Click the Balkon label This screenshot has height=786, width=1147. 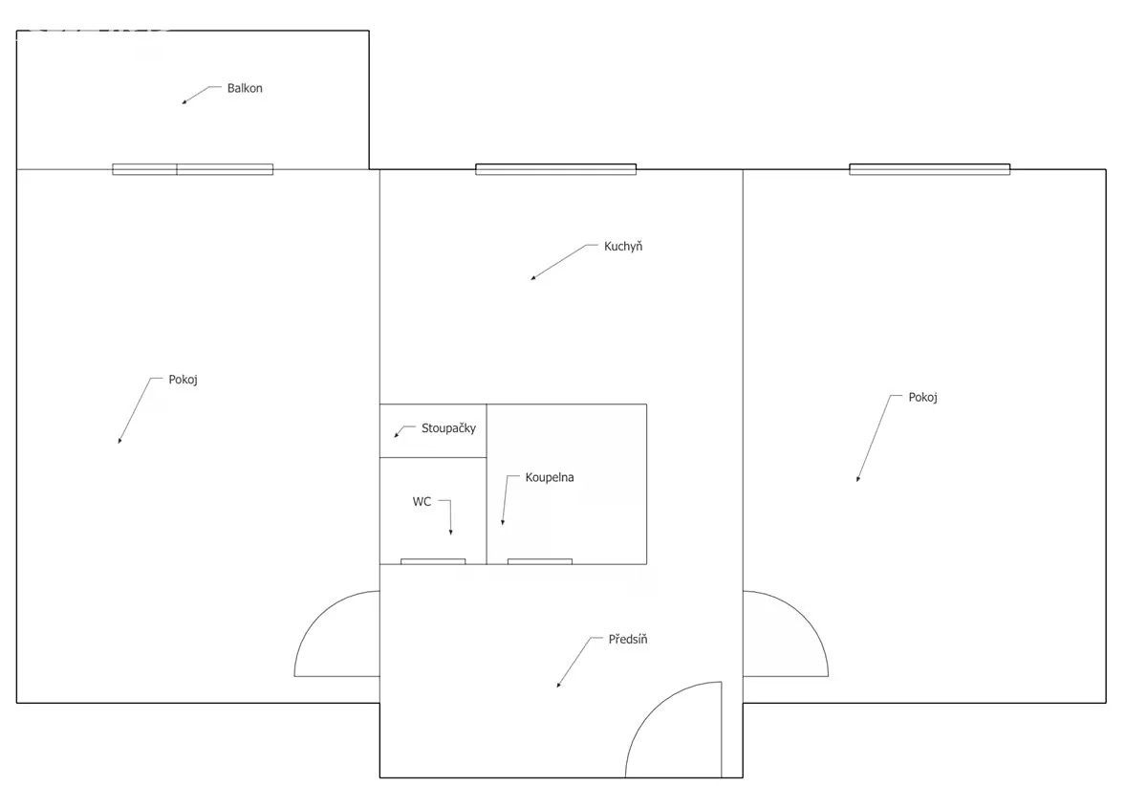click(x=245, y=88)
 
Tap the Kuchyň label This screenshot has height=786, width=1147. click(x=623, y=247)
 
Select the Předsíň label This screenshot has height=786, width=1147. click(x=628, y=639)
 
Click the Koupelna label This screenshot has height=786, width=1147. click(x=550, y=477)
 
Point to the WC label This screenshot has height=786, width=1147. click(x=422, y=502)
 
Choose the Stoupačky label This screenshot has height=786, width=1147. click(x=448, y=428)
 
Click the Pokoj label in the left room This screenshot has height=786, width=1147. click(x=183, y=380)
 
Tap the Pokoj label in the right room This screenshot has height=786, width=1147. click(x=922, y=398)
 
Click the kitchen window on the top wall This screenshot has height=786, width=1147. click(x=555, y=169)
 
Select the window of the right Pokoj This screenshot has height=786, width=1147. click(x=929, y=169)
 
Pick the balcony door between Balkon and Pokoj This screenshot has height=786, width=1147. click(x=192, y=169)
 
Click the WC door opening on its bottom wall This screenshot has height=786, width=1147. click(x=433, y=561)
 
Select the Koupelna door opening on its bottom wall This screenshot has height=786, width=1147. click(x=540, y=561)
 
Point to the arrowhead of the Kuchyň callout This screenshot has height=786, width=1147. click(x=533, y=278)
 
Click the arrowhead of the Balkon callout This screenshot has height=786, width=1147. click(x=184, y=102)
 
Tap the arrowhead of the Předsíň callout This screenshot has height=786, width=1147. click(x=558, y=684)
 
